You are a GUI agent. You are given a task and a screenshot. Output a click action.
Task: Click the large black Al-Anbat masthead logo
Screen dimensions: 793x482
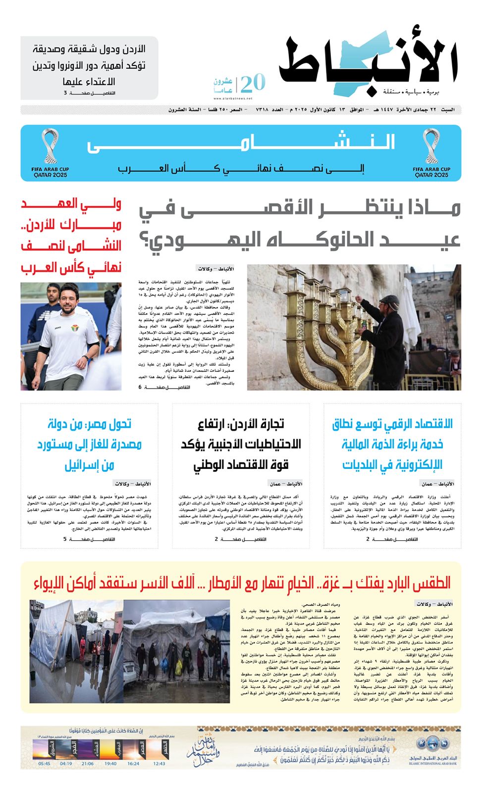click(369, 62)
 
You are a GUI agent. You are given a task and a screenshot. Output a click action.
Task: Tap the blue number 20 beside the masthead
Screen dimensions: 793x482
click(253, 83)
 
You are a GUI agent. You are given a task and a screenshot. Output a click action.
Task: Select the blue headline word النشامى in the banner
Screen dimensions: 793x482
click(241, 144)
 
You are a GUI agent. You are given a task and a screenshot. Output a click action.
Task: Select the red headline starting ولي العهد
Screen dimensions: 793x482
click(71, 235)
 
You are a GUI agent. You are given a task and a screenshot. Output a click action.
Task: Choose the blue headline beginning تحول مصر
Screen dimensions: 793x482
click(89, 444)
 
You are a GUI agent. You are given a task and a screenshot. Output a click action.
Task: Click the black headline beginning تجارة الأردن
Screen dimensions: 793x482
click(241, 444)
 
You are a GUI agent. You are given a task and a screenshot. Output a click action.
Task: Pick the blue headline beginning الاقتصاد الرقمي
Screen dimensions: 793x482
click(392, 444)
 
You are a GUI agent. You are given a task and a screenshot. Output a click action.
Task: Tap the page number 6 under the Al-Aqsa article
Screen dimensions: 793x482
click(140, 387)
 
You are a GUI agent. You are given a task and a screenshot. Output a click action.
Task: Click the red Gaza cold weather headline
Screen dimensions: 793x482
click(242, 583)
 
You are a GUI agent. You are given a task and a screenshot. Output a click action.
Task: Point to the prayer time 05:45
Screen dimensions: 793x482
click(44, 764)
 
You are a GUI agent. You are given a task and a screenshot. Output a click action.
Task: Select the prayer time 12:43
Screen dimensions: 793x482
click(159, 764)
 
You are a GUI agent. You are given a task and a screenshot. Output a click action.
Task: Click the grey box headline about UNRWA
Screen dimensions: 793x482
click(89, 65)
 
